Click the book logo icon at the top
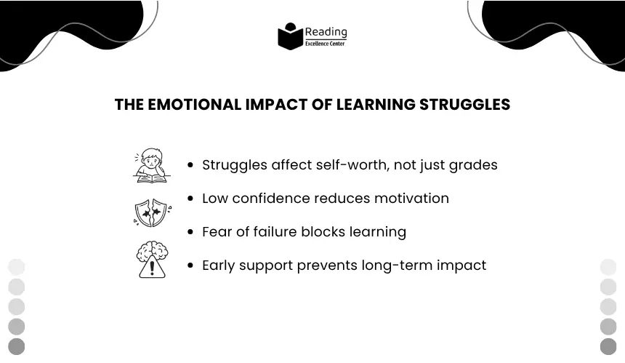(290, 36)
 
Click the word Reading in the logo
(326, 32)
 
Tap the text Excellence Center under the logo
(325, 44)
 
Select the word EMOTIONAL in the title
(195, 105)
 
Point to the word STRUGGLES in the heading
(465, 105)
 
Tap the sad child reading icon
(151, 166)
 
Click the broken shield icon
(153, 212)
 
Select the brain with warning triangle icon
(152, 259)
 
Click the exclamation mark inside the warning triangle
(152, 268)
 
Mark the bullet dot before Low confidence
(190, 199)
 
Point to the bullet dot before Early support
(190, 266)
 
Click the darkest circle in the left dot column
(16, 346)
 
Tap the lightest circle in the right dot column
(608, 267)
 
